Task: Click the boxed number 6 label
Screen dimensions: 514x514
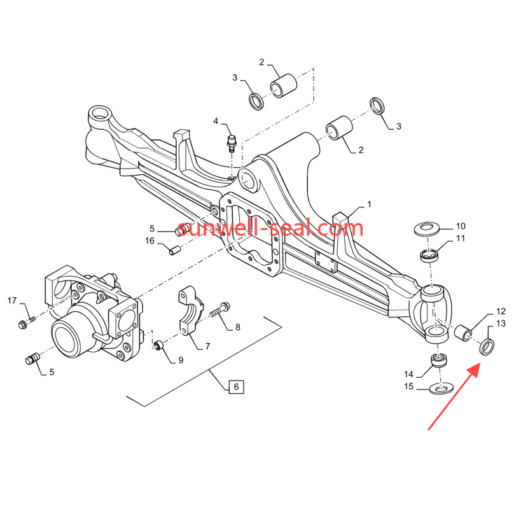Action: [235, 386]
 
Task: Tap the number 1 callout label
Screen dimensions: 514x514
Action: [368, 205]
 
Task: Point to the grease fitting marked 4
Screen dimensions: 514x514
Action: [232, 141]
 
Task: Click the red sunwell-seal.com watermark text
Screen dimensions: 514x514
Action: [270, 228]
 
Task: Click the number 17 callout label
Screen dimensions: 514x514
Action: [12, 300]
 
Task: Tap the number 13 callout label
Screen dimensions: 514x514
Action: [500, 324]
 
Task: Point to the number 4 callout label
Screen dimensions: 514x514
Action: [216, 122]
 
